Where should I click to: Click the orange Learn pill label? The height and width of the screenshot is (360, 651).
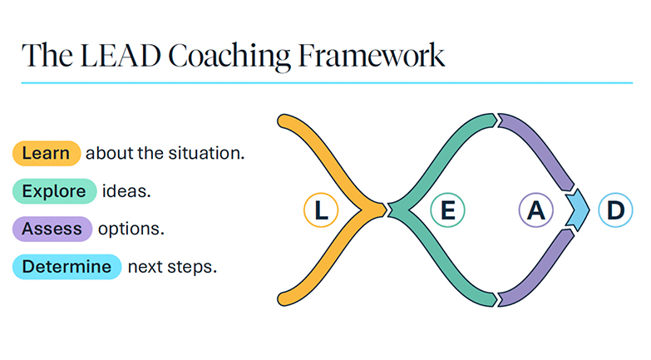(x=46, y=154)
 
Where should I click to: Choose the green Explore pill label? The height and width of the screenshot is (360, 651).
(x=54, y=192)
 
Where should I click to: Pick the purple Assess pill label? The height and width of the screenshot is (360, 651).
(x=52, y=229)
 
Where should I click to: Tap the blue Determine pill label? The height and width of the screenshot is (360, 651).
(x=67, y=267)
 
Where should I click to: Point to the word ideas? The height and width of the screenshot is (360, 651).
(x=126, y=192)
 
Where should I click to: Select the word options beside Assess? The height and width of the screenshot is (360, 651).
(x=132, y=229)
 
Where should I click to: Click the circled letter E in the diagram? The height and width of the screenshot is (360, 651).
(x=447, y=211)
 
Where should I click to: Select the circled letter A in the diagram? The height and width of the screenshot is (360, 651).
(x=536, y=211)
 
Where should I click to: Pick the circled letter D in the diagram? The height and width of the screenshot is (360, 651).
(x=614, y=211)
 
